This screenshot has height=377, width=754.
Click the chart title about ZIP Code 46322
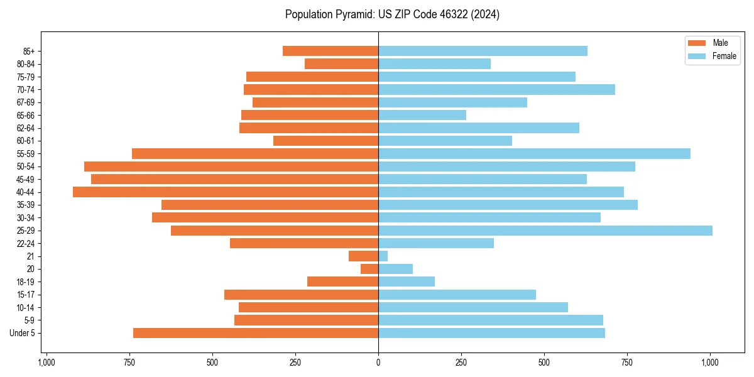pos(392,14)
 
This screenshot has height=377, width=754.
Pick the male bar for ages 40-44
pos(226,192)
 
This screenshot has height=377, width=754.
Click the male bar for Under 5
pos(256,333)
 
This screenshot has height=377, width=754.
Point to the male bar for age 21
pos(363,256)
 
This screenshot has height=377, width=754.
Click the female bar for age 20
pos(395,269)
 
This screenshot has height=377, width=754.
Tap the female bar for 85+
pos(483,51)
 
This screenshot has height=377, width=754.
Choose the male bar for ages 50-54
pos(231,167)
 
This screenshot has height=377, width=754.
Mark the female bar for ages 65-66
pos(422,115)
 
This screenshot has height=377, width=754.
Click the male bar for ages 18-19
pos(342,281)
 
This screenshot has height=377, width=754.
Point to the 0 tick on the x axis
pos(378,363)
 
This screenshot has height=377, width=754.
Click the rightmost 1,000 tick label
pos(710,363)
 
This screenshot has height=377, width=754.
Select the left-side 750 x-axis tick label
pos(129,363)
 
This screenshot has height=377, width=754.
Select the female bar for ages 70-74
pos(496,89)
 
